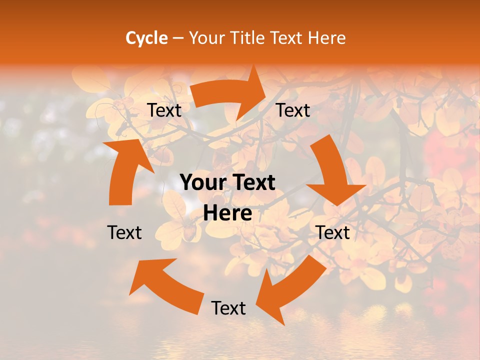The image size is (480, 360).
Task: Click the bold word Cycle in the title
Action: pyautogui.click(x=146, y=37)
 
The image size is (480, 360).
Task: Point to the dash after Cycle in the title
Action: pyautogui.click(x=178, y=38)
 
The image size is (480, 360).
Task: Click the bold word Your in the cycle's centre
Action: pyautogui.click(x=202, y=183)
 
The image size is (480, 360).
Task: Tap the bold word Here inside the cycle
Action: pyautogui.click(x=227, y=213)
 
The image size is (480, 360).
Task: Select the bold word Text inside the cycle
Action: pyautogui.click(x=251, y=183)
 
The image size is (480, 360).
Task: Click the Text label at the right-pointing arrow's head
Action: pyautogui.click(x=293, y=110)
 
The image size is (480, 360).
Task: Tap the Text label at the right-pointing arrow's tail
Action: pyautogui.click(x=164, y=110)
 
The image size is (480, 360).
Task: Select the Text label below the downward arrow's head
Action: pyautogui.click(x=333, y=232)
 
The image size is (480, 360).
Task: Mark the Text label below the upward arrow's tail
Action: pyautogui.click(x=124, y=232)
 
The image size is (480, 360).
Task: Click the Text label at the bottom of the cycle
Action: pyautogui.click(x=228, y=308)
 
